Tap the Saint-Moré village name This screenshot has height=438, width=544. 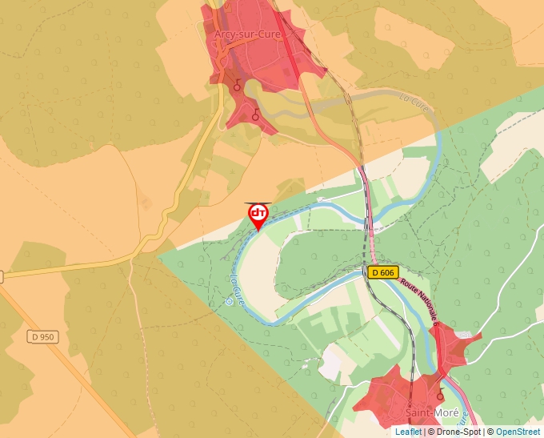[x=432, y=413]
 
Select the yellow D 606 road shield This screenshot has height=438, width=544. [x=383, y=272]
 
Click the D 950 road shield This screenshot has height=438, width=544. [x=42, y=337]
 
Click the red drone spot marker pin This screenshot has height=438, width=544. [x=258, y=215]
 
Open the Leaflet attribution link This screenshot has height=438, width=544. [x=408, y=432]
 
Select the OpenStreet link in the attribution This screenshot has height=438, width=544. [x=519, y=432]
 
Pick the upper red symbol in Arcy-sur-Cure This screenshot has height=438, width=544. [x=237, y=85]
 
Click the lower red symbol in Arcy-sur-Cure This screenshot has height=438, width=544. [x=255, y=114]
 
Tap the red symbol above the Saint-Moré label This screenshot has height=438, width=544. [x=439, y=395]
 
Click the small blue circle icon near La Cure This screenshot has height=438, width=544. [x=229, y=302]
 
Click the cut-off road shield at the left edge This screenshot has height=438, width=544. [x=2, y=276]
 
